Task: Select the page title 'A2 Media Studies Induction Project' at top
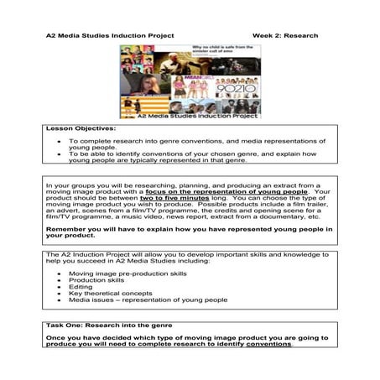point(109,36)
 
